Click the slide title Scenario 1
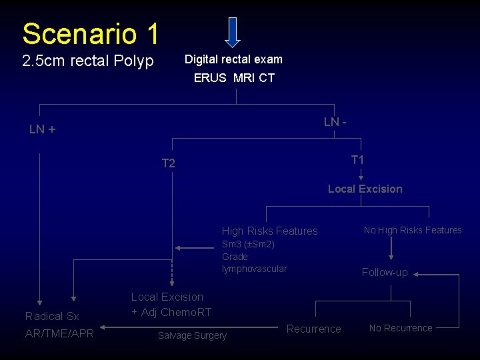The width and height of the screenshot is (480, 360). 90,33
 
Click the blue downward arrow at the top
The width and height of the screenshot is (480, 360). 232,32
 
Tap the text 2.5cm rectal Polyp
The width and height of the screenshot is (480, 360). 88,61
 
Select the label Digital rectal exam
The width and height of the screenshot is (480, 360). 233,59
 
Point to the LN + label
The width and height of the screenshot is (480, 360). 42,129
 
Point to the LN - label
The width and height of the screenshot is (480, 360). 335,122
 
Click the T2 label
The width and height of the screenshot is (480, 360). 168,163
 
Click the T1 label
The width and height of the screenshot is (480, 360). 357,160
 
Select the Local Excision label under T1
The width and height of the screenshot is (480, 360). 365,189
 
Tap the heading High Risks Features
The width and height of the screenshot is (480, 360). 269,231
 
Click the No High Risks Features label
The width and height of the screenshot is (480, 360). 413,230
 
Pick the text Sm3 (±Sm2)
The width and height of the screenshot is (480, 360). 248,244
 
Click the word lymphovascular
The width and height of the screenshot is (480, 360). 254,269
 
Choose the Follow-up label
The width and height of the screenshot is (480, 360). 385,272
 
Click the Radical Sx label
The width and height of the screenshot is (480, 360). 52,316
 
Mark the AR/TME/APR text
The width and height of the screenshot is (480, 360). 59,333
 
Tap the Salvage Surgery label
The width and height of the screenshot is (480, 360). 192,335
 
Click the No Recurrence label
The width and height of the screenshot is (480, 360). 401,328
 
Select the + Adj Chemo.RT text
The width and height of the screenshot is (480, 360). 171,312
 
